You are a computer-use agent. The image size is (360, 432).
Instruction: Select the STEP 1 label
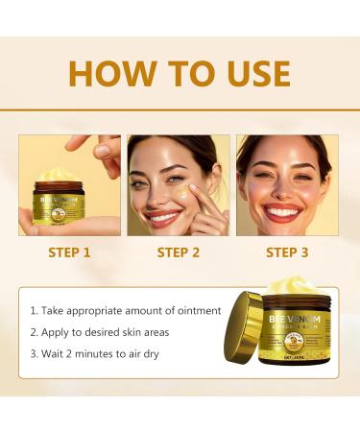tap(70, 253)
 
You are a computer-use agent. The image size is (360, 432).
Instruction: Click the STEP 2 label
tap(179, 253)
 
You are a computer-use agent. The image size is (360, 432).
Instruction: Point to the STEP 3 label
tap(288, 253)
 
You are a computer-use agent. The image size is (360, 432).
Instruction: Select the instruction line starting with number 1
tap(125, 310)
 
